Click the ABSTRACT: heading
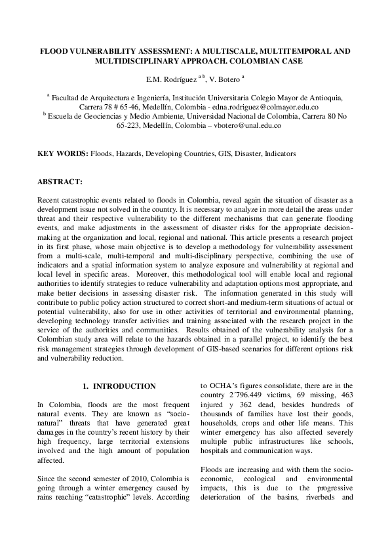[x=60, y=180]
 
